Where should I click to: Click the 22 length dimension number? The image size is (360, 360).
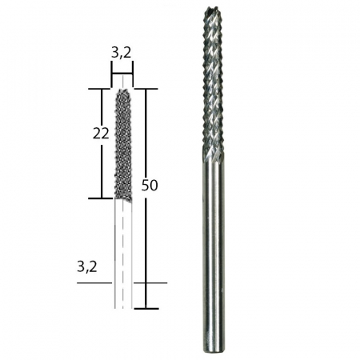pos(101,134)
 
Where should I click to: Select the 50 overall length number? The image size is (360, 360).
pos(149,185)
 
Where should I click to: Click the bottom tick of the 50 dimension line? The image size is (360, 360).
pos(146,308)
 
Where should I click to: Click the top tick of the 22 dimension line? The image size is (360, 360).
pos(102,89)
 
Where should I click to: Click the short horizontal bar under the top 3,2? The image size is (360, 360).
pos(122,74)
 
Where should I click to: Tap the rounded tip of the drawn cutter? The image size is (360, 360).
pos(122,92)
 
